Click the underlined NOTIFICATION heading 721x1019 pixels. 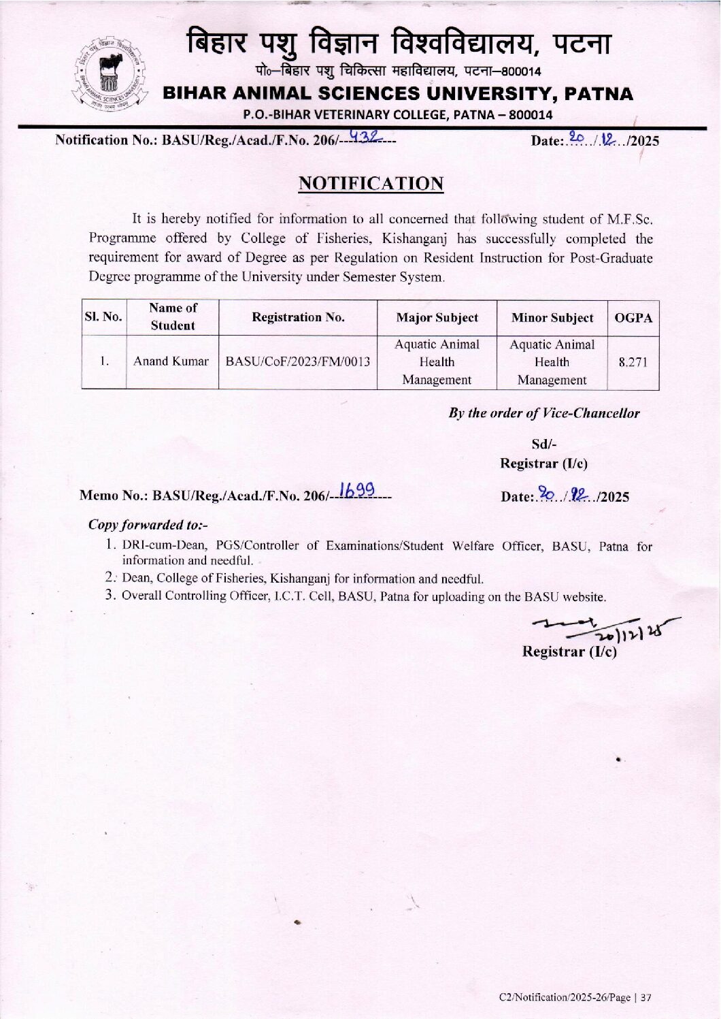(371, 183)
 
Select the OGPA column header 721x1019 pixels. (633, 318)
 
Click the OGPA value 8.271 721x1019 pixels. (633, 363)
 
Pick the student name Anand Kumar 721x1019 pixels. (171, 361)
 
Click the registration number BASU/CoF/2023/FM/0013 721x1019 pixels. (298, 361)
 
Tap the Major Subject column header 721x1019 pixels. (437, 318)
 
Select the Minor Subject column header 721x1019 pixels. (552, 318)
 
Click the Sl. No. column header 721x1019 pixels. (103, 317)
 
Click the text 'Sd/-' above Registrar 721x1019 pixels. (543, 444)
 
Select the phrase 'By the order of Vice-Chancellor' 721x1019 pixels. (543, 413)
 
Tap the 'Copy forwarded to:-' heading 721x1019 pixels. (148, 525)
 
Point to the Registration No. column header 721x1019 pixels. (298, 317)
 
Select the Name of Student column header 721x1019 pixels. (173, 317)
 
